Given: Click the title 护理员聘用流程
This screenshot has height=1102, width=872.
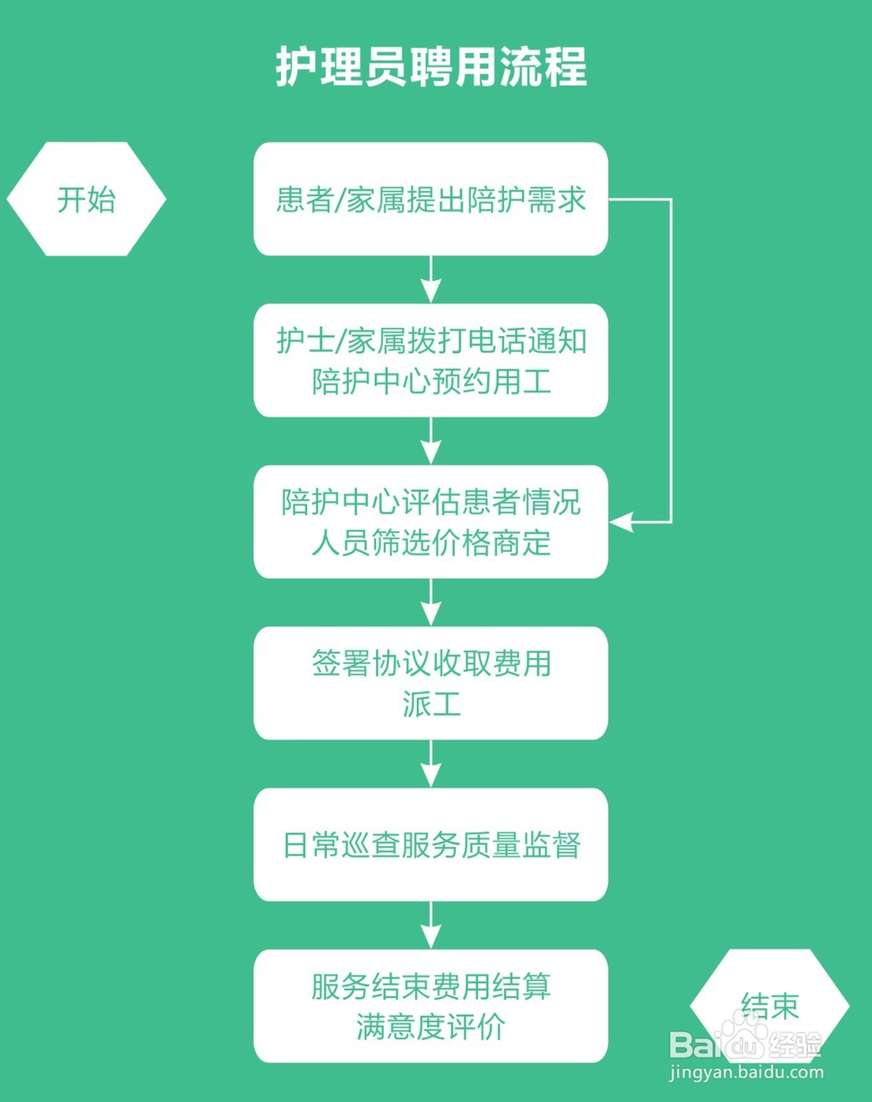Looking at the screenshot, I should [x=431, y=66].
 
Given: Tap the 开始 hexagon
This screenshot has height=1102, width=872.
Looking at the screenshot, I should [x=86, y=199].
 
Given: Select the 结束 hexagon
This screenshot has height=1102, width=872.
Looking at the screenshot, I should [x=769, y=1005].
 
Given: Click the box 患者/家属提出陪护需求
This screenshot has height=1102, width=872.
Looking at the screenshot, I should [x=431, y=199].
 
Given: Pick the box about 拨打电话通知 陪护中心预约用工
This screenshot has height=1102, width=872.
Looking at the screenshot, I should [x=431, y=360].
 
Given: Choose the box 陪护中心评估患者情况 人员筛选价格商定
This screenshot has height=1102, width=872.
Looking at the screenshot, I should [x=431, y=521].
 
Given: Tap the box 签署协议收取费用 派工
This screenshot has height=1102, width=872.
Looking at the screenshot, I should [x=431, y=683].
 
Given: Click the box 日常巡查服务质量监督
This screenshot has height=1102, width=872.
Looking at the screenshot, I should [x=431, y=844].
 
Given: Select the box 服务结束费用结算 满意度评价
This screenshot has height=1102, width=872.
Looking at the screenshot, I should [x=431, y=1005].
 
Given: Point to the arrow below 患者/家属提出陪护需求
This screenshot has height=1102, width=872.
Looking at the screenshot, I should [x=431, y=280].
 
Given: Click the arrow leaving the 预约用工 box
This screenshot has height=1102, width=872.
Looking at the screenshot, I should [x=431, y=441].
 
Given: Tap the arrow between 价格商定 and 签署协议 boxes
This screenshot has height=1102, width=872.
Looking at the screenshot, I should [x=431, y=602].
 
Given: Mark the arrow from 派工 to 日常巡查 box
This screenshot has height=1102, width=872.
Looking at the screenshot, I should [x=431, y=764].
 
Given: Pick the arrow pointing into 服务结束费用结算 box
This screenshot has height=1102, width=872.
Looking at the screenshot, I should [x=431, y=925].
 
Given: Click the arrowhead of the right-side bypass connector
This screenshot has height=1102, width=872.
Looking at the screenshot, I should [x=620, y=522].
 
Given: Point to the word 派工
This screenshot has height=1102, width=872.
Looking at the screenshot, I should [x=431, y=704].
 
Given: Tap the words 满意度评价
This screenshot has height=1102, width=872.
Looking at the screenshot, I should [x=431, y=1026].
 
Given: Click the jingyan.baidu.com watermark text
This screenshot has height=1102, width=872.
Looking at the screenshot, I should [x=746, y=1072].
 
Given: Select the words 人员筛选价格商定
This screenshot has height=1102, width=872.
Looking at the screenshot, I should [x=431, y=542].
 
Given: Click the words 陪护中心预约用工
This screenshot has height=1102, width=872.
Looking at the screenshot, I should [x=431, y=381].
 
